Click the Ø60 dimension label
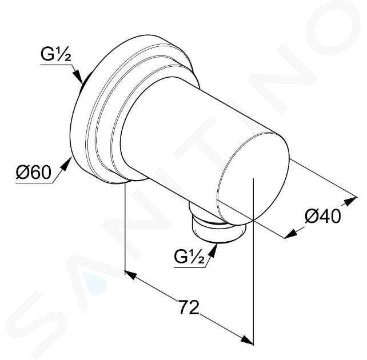coord(34,173)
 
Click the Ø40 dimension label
coord(323,216)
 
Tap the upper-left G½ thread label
coord(56,55)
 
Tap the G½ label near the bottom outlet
coord(189,257)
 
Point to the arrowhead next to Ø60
coord(66,164)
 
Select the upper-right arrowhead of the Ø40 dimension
coord(352,201)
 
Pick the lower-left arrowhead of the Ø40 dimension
coord(291,234)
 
